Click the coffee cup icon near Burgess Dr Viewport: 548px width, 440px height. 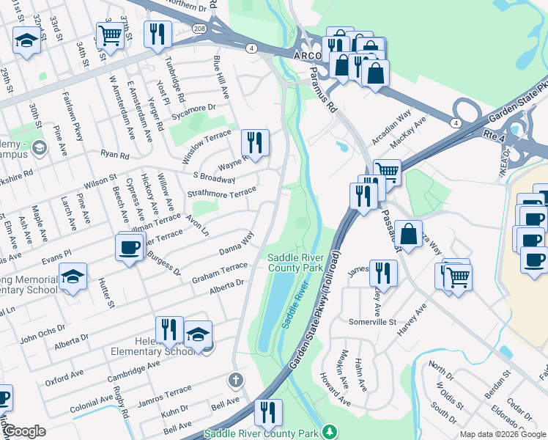point(130,247)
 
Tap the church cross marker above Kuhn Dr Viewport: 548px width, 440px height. point(235,380)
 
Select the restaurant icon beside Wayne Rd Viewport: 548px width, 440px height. point(255,142)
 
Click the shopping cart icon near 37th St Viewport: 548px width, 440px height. point(109,34)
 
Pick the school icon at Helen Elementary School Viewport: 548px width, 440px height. point(197,334)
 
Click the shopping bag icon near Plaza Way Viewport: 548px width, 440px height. point(410,234)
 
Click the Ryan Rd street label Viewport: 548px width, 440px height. point(115,155)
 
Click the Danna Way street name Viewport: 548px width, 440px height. point(236,243)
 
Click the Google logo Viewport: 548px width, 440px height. point(24,430)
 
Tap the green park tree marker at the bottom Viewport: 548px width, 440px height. point(330,432)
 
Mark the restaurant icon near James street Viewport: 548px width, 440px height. point(383,273)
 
